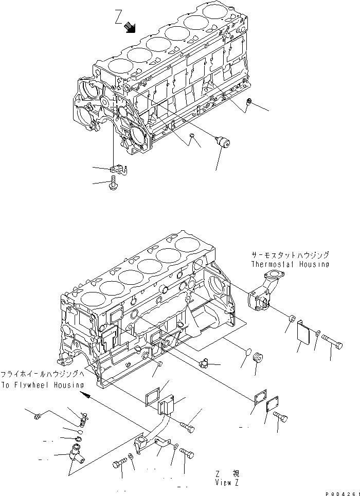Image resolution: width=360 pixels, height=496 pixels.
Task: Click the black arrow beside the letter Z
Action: [x=131, y=28]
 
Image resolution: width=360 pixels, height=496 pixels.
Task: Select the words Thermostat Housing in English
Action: [x=290, y=264]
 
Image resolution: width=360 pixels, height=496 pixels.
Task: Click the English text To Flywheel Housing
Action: [x=42, y=384]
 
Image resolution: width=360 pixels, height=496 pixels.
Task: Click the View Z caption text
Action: [x=226, y=483]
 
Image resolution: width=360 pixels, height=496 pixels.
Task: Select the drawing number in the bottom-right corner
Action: [x=341, y=492]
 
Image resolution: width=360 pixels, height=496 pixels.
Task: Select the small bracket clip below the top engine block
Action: [x=118, y=169]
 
